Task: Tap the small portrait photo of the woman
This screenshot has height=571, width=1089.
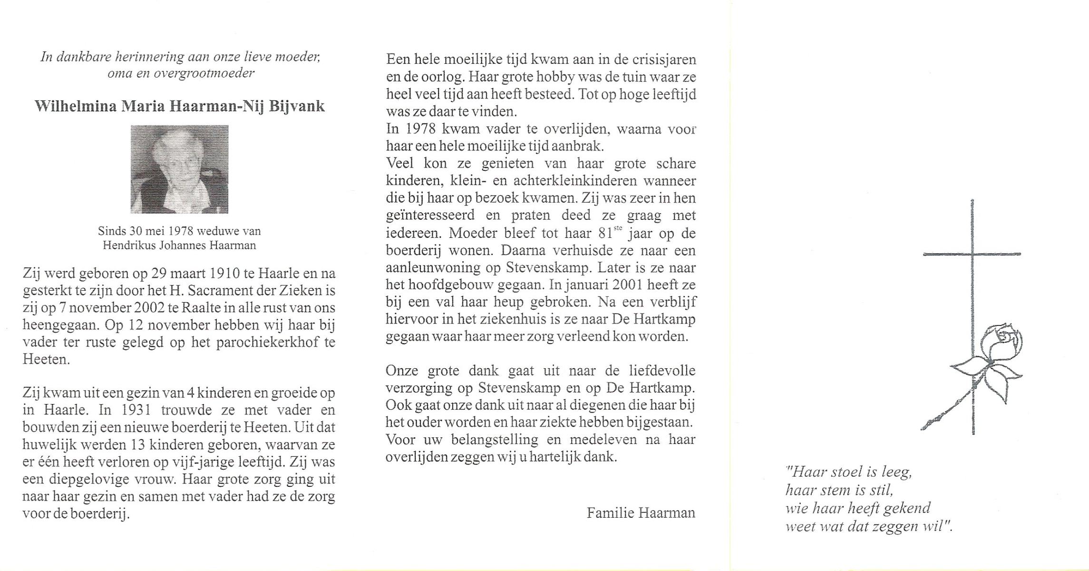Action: point(179,169)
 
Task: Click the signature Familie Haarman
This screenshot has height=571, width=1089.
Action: point(641,512)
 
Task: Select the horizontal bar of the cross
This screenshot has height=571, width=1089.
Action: point(972,254)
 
